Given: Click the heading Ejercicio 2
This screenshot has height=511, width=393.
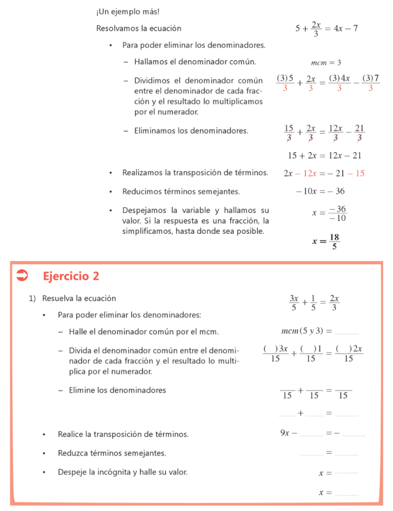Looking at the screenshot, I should (71, 276).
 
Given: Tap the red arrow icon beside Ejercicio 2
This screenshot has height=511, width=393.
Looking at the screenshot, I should (22, 275).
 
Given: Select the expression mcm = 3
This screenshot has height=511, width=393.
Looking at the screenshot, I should (326, 63).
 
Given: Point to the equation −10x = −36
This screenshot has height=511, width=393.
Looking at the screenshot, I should (320, 191).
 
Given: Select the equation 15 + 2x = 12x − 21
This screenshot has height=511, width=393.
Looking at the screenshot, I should (325, 156).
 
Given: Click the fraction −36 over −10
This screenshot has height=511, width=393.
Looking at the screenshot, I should (338, 213).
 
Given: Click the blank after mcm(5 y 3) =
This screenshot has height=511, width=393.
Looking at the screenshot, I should (347, 332).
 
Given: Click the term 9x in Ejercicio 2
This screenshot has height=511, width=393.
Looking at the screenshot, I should (285, 433).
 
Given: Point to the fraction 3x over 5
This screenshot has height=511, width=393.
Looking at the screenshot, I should (293, 303).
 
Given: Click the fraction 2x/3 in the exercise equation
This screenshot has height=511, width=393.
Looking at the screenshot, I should (334, 303).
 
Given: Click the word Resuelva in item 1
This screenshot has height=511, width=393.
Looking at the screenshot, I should (57, 298).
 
